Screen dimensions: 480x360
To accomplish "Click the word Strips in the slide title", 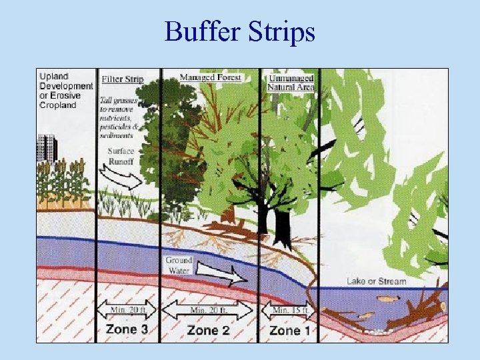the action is (x=281, y=31).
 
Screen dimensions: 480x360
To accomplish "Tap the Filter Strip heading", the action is (x=122, y=79).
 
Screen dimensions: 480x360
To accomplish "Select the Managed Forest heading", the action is (x=210, y=77).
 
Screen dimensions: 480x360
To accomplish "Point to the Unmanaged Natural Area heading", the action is (x=290, y=83).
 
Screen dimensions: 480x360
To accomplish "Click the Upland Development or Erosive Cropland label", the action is (x=66, y=90).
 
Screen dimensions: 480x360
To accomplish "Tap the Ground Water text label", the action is (x=178, y=265).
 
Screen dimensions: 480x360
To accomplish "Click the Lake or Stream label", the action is (x=376, y=281).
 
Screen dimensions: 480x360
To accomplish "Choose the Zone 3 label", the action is (x=127, y=329).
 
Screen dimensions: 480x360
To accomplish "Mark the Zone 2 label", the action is (x=209, y=330).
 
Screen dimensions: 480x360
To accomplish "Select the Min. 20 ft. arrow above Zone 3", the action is (x=127, y=310).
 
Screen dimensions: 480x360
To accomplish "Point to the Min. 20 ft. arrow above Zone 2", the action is (x=209, y=311).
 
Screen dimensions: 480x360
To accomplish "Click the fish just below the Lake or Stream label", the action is (x=386, y=300).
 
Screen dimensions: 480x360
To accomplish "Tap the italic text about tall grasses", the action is (x=120, y=115).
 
